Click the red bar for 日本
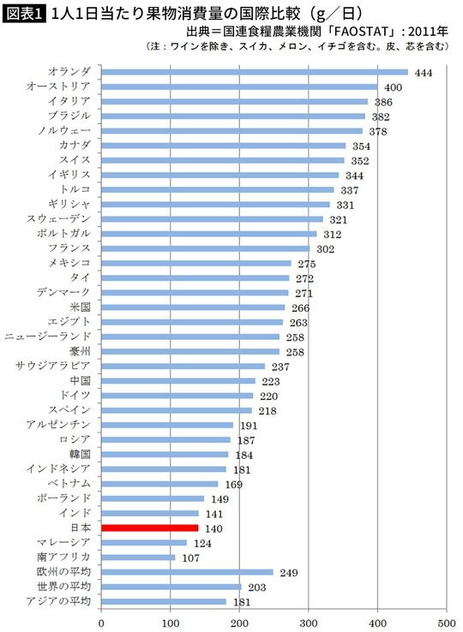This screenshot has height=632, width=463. [x=150, y=528]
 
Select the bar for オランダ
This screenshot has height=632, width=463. [x=255, y=73]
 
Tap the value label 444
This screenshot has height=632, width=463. [x=423, y=73]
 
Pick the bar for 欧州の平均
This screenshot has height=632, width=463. [x=187, y=572]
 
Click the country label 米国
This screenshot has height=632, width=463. [x=81, y=307]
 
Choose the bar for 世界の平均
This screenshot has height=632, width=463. [x=171, y=587]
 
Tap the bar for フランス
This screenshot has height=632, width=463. [x=206, y=248]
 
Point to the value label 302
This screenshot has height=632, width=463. [x=325, y=248]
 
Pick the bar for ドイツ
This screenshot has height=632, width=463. [x=177, y=396]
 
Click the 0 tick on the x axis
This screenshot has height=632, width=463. [x=102, y=622]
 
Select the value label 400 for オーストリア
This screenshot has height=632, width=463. [x=393, y=87]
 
